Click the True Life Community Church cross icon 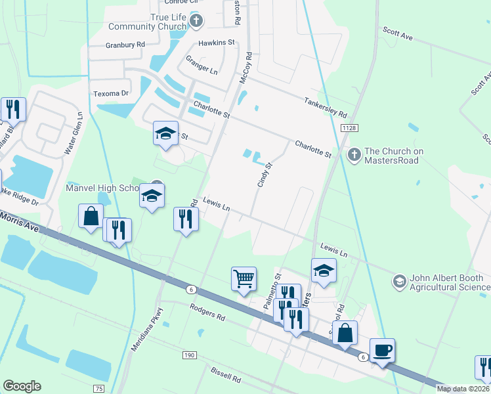click(x=196, y=22)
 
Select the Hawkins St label click(x=217, y=43)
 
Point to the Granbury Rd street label click(x=125, y=45)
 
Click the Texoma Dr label click(x=111, y=93)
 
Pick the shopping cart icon click(x=244, y=278)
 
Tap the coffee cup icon click(x=382, y=349)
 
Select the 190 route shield click(x=190, y=355)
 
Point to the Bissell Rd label click(x=226, y=378)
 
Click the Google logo click(x=22, y=385)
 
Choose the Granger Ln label click(x=202, y=67)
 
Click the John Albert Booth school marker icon click(x=399, y=282)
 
